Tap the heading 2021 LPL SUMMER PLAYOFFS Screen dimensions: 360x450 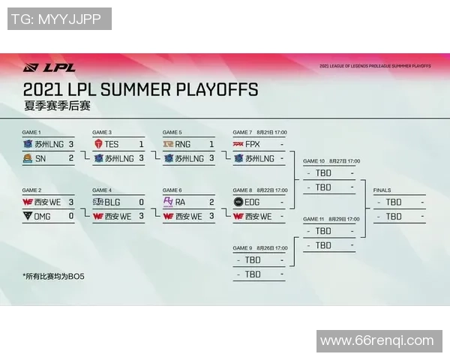click(x=140, y=90)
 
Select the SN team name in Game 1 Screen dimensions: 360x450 click(x=41, y=158)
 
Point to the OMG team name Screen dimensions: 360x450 click(x=44, y=216)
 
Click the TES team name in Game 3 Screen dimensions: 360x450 click(x=111, y=144)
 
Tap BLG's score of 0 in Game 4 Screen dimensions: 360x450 click(x=141, y=202)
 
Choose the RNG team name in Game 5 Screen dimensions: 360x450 click(x=184, y=144)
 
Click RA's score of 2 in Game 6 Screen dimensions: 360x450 click(x=211, y=202)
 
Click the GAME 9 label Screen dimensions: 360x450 click(x=242, y=247)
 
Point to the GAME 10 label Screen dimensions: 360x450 click(x=313, y=161)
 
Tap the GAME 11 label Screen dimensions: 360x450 click(x=313, y=219)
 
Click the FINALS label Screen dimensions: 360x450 click(x=382, y=190)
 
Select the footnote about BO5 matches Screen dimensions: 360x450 click(x=55, y=276)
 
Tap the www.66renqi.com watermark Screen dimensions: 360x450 click(x=376, y=341)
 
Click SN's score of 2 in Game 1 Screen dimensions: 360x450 click(x=71, y=158)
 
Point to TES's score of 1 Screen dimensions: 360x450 click(x=141, y=144)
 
